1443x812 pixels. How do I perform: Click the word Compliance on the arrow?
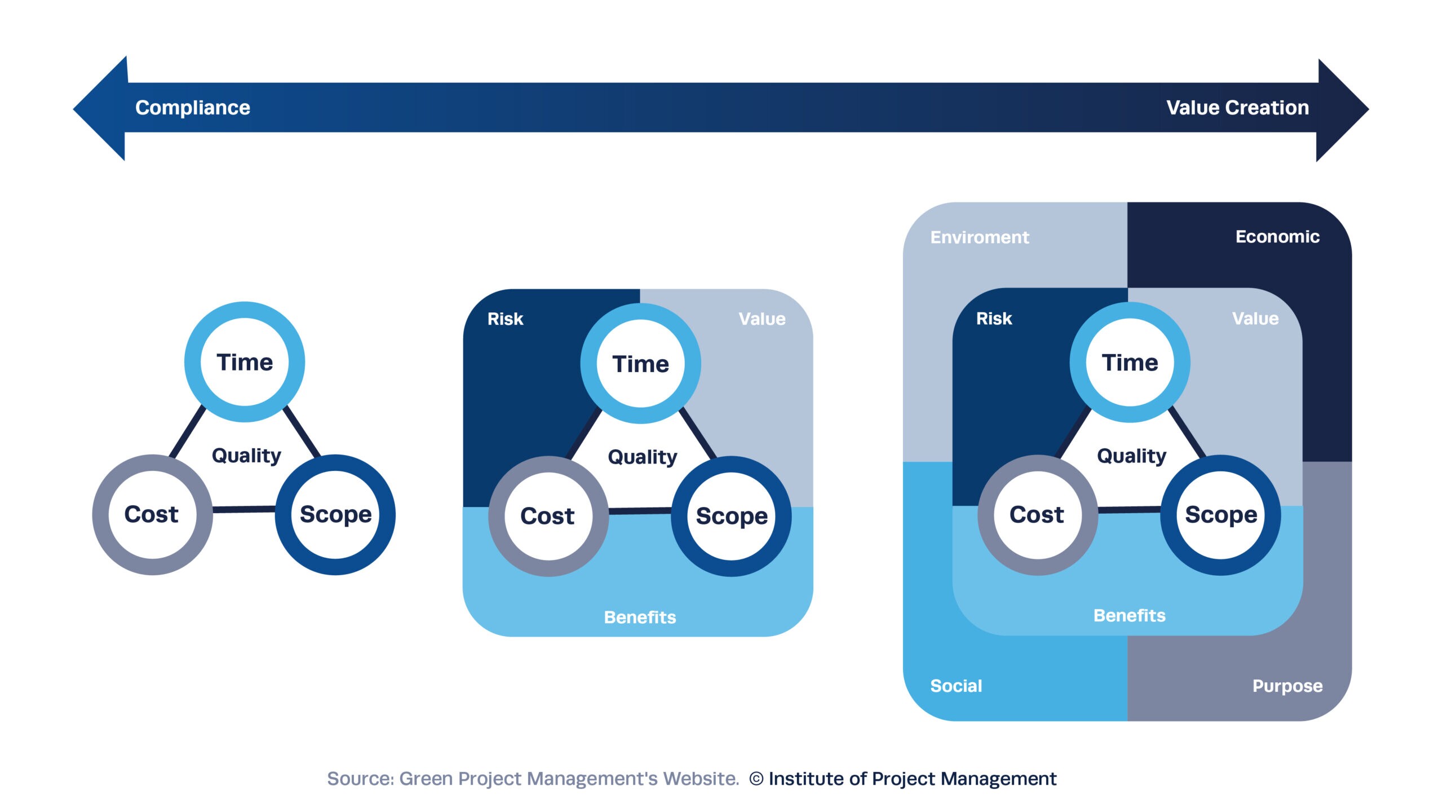tap(192, 108)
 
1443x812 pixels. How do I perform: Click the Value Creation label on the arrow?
tap(1237, 108)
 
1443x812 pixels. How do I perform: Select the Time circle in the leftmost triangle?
tap(245, 362)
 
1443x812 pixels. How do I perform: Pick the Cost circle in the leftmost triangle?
tap(152, 514)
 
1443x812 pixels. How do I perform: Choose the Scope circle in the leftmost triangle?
tap(335, 514)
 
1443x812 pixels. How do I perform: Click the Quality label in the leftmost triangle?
tap(246, 455)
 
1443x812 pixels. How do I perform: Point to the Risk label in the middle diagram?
tap(505, 319)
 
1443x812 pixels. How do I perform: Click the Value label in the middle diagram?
tap(762, 319)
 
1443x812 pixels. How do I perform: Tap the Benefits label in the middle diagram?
tap(640, 617)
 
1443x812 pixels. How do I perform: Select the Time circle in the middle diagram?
tap(640, 364)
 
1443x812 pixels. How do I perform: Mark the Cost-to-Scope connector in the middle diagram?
tap(640, 511)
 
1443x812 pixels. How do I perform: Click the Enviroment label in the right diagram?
tap(980, 237)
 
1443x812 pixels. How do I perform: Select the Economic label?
tap(1277, 237)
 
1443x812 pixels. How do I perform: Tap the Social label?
tap(956, 686)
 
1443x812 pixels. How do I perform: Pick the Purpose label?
tap(1287, 686)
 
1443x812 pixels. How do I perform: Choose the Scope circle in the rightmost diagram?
tap(1221, 515)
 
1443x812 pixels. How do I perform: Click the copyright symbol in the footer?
tap(756, 779)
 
